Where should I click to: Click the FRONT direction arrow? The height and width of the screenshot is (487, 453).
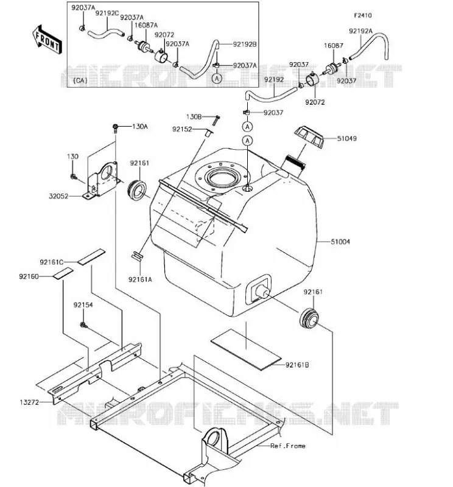47,40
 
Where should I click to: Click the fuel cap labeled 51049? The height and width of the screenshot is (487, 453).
309,137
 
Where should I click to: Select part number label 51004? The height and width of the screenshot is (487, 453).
340,241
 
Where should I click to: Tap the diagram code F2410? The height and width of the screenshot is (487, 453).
363,15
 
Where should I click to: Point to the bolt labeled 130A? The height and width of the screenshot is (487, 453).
115,128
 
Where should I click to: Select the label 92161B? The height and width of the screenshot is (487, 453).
297,365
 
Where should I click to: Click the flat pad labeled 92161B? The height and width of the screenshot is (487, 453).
246,349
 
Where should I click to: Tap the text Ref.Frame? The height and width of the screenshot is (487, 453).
288,446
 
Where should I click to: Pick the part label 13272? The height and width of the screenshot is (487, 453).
29,402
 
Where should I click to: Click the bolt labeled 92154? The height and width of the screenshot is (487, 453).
83,325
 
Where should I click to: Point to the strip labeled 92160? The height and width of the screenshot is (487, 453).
63,273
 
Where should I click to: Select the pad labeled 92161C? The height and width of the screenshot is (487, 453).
91,257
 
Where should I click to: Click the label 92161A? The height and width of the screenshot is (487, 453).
140,279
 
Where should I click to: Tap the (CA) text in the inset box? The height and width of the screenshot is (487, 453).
80,80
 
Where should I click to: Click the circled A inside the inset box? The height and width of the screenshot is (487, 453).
217,79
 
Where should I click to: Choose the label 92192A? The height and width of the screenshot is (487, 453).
360,31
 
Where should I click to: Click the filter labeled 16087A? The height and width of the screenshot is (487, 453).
144,47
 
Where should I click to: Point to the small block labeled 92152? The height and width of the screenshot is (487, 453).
208,133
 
